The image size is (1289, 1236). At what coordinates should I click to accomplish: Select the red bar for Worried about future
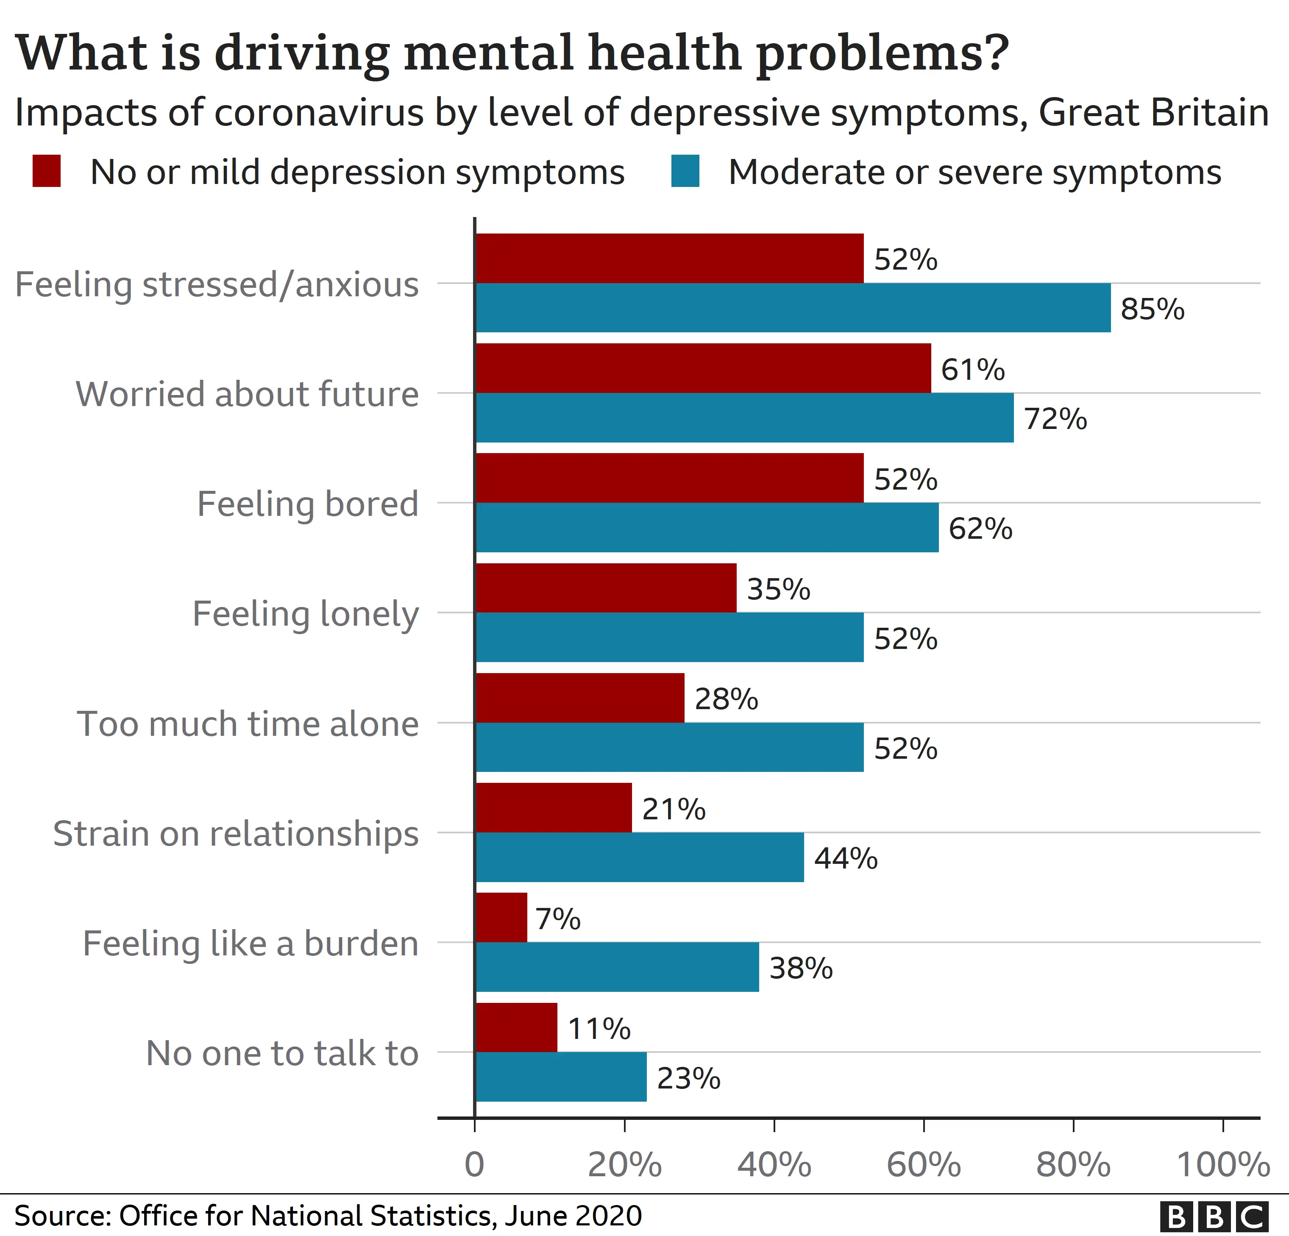pyautogui.click(x=702, y=368)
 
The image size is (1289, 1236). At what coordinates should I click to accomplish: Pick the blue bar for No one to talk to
pyautogui.click(x=561, y=1077)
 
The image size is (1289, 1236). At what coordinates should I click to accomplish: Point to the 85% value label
pyautogui.click(x=1152, y=309)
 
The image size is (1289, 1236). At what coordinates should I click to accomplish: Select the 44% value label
pyautogui.click(x=846, y=858)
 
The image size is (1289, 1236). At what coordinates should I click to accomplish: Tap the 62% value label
pyautogui.click(x=980, y=528)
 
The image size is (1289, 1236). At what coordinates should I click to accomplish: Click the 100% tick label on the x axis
pyautogui.click(x=1222, y=1164)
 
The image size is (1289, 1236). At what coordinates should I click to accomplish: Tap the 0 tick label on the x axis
pyautogui.click(x=474, y=1164)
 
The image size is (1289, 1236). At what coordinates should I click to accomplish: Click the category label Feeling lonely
pyautogui.click(x=305, y=614)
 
